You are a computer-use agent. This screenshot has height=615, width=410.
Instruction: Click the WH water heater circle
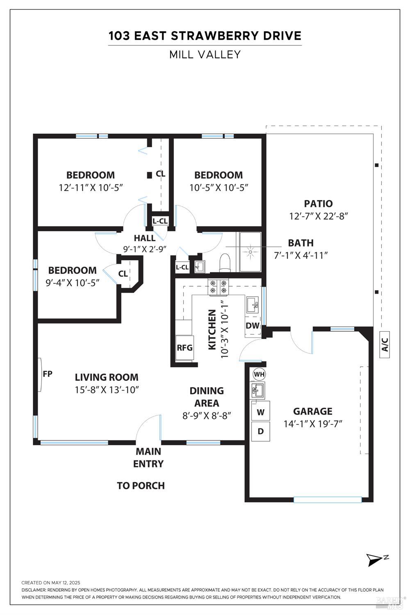coord(259,374)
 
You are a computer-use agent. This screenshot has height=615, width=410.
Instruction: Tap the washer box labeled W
coord(260,412)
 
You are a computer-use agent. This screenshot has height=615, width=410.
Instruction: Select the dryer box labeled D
coord(260,431)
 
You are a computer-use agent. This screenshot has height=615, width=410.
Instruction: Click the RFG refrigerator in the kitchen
coord(184,348)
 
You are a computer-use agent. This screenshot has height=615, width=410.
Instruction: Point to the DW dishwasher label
coord(253,326)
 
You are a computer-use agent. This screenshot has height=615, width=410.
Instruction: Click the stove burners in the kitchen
coord(218,287)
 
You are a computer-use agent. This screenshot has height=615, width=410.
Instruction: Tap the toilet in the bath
coord(225,262)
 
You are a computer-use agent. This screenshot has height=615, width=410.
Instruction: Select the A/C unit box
coord(385,344)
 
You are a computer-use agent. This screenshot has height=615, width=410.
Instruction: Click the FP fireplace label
coord(48,374)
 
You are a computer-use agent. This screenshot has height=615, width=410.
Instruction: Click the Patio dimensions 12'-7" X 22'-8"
coord(319,216)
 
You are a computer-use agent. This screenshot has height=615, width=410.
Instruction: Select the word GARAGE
coord(312,411)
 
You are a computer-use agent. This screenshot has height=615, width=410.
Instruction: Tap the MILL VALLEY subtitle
coord(205,55)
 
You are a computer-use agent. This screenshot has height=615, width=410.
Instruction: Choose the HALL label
coord(145,238)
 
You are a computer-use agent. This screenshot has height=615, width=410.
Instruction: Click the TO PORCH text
coord(141,486)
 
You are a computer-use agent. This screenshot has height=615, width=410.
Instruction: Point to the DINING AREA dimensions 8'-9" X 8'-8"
coord(207,415)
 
